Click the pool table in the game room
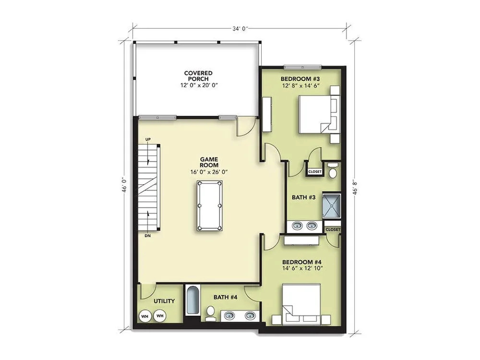[x=209, y=205]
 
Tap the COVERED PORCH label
[x=198, y=76]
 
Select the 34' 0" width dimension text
[x=240, y=29]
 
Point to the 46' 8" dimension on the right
[x=355, y=187]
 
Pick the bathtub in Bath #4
[x=192, y=300]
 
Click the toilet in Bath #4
[x=210, y=313]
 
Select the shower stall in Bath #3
[x=332, y=205]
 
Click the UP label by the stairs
[x=148, y=140]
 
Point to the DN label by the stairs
[x=147, y=236]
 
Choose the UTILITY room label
[x=164, y=301]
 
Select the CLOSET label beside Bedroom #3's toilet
[x=315, y=172]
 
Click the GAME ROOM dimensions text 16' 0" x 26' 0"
[x=209, y=172]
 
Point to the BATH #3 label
[x=304, y=197]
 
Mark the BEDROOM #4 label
[x=302, y=263]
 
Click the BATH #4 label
[x=226, y=297]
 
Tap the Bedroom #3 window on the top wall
[x=302, y=66]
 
